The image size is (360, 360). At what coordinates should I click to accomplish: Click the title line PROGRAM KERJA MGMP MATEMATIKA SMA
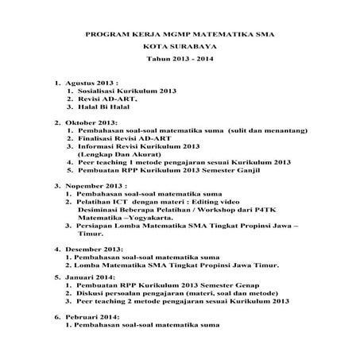[x=179, y=35]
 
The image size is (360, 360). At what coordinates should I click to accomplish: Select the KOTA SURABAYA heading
[x=179, y=48]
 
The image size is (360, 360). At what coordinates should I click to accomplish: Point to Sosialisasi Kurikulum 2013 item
[x=121, y=91]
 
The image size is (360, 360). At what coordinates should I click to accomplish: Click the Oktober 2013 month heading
[x=90, y=123]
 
